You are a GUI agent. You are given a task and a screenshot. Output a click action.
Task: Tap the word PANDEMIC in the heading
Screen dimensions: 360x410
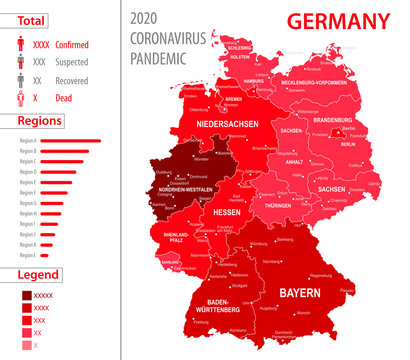(x=159, y=58)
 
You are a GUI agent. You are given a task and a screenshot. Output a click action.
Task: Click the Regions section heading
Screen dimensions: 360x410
(x=39, y=120)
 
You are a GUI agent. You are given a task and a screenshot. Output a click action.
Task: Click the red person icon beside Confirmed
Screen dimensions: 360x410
(x=20, y=45)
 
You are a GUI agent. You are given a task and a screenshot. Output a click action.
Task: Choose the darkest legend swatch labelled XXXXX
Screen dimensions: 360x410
(x=25, y=295)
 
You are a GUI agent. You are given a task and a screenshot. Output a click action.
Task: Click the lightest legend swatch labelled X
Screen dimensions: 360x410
(x=25, y=344)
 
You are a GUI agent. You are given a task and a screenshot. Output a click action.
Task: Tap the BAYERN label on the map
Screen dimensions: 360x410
(x=300, y=293)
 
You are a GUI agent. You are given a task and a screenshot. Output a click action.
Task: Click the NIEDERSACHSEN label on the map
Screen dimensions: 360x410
(x=227, y=125)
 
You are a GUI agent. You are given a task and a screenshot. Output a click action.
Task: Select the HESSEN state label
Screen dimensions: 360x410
(x=227, y=213)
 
